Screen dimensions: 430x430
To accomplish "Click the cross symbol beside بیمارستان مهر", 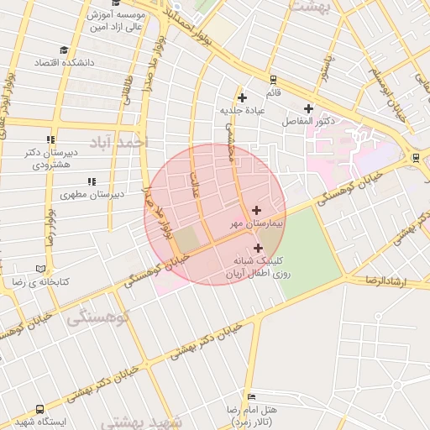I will [x=256, y=209].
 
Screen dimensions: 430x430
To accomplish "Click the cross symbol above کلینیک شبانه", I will [x=258, y=248].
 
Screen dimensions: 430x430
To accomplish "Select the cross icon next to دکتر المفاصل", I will [x=308, y=108].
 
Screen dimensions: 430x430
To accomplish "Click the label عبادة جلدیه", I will [x=243, y=110].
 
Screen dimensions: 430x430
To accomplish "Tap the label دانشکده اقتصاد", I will [x=64, y=63].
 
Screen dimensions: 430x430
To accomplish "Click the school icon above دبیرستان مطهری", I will [x=91, y=181].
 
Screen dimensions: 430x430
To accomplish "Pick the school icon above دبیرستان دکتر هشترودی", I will [x=50, y=140].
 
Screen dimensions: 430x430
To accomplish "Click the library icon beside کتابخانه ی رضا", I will [x=41, y=270].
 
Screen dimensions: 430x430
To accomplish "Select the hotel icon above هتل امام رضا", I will [x=250, y=396].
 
